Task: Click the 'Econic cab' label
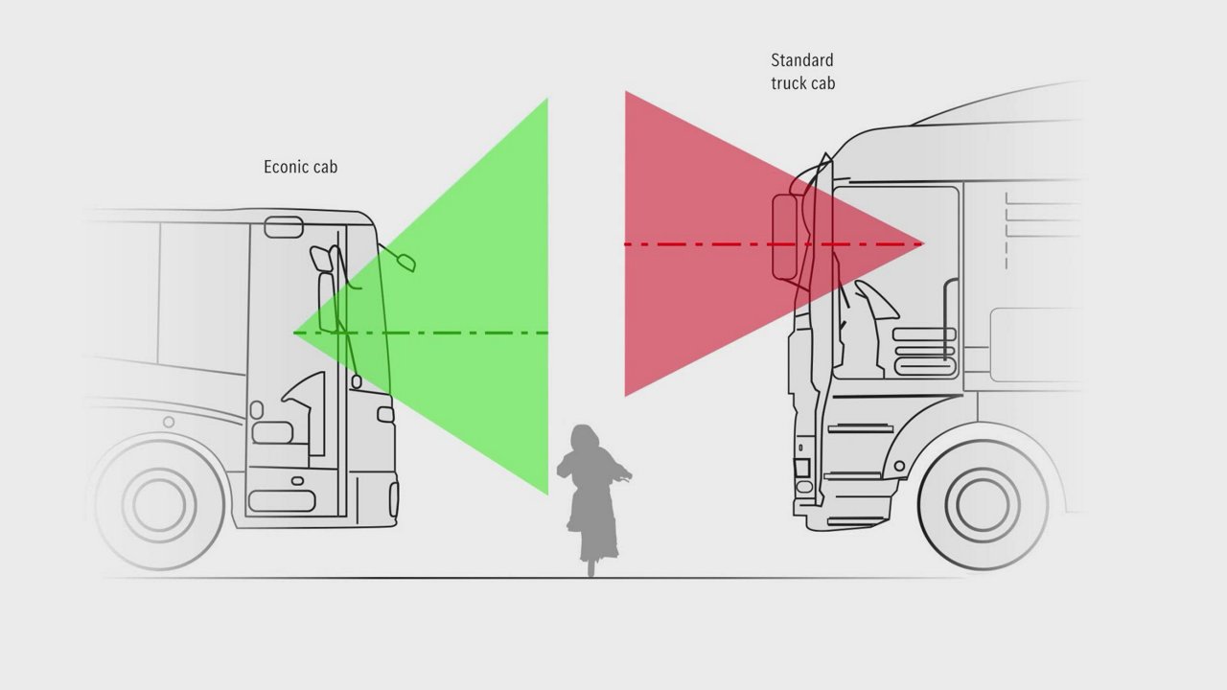(x=301, y=167)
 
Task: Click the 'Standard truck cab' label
(x=803, y=72)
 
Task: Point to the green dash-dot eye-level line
(x=421, y=333)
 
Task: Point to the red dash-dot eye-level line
(x=774, y=243)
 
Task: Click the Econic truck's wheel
(x=159, y=505)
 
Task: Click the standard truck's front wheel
(x=984, y=504)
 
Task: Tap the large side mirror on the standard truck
(x=785, y=237)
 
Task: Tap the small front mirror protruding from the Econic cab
(x=405, y=263)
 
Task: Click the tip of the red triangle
(x=923, y=243)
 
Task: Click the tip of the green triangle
(x=293, y=333)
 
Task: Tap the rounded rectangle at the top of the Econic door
(x=284, y=227)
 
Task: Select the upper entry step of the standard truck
(x=861, y=428)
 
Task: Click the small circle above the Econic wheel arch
(x=169, y=422)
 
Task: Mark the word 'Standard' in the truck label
(x=802, y=59)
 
